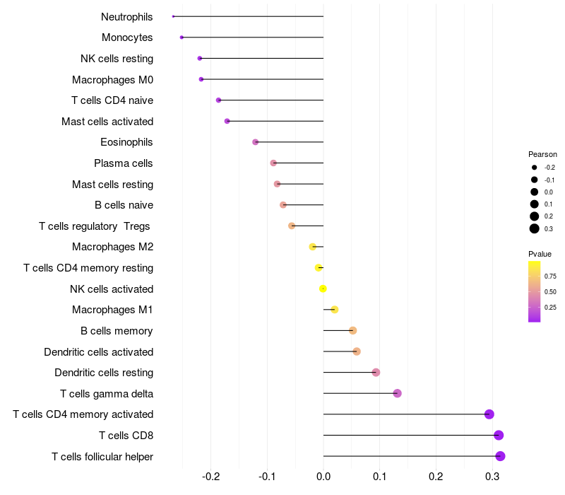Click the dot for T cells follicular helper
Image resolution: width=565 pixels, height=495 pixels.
coord(500,456)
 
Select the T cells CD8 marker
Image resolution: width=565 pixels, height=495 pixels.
coord(499,435)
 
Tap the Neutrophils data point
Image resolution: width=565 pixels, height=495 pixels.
coord(173,16)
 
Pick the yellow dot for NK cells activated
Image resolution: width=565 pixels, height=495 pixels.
coord(323,289)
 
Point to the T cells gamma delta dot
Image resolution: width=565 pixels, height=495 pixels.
coord(397,393)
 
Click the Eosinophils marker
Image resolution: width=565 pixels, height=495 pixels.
coord(256,142)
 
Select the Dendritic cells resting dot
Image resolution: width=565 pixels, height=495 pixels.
coord(376,373)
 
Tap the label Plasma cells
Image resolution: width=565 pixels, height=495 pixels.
coord(124,163)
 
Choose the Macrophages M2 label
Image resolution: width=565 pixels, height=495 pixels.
coord(112,247)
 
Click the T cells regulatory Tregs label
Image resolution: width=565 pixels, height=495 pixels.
coord(95,226)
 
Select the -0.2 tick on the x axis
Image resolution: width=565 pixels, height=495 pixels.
coord(210,477)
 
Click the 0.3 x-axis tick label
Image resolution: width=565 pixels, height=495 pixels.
coord(492,477)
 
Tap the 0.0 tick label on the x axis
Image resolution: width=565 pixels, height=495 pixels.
coord(323,477)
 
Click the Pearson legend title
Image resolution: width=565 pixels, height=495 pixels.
coord(542,154)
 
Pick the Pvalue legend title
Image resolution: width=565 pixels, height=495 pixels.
coord(540,254)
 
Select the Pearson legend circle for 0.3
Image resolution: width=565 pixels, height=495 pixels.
coord(535,228)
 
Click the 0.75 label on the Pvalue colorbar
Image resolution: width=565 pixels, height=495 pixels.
coord(550,276)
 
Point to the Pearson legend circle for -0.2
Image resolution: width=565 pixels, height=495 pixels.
coord(535,168)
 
